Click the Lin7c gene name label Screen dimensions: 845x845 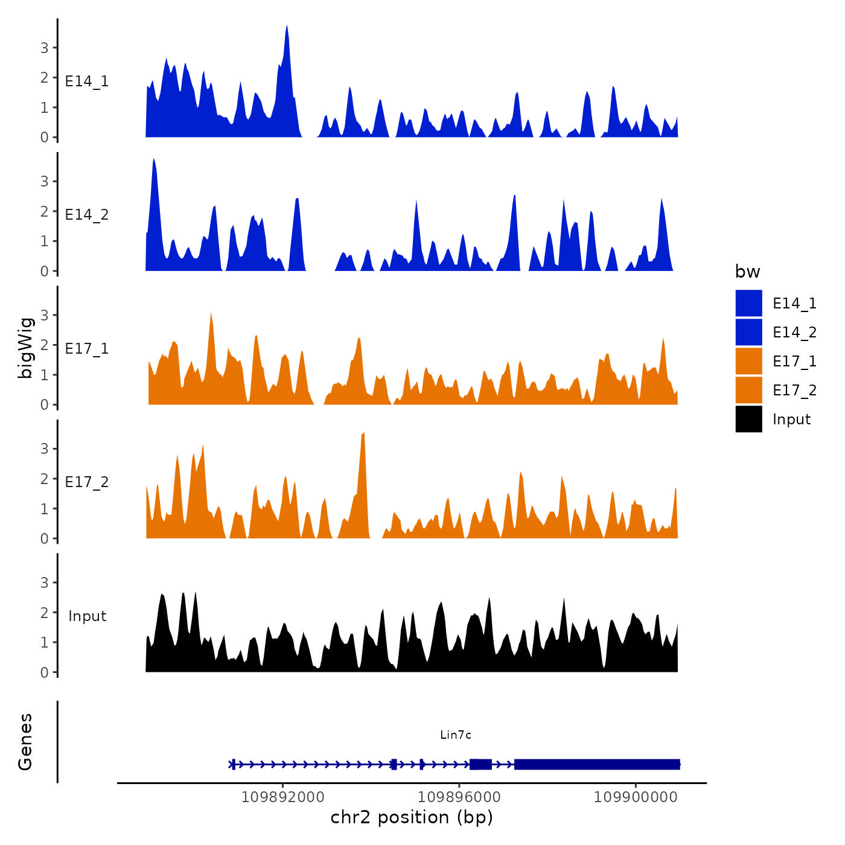[456, 735]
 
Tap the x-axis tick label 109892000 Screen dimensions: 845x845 [282, 797]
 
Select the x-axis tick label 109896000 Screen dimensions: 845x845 [459, 797]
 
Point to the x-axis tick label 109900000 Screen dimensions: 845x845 [636, 797]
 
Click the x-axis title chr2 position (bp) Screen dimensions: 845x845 [412, 817]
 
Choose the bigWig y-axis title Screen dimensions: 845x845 [26, 348]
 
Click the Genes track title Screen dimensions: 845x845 [25, 742]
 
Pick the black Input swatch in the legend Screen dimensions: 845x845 [748, 419]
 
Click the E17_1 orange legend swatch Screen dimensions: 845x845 [748, 361]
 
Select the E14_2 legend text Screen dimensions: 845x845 [794, 333]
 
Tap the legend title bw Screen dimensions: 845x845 [747, 272]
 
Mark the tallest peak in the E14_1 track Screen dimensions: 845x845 [287, 27]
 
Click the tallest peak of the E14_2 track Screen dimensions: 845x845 [154, 160]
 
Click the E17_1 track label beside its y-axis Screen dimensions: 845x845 [87, 348]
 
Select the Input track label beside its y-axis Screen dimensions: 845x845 [87, 616]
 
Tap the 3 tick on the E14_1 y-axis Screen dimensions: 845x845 [44, 48]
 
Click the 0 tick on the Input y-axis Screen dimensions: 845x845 [44, 672]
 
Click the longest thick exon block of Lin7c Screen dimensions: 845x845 [597, 764]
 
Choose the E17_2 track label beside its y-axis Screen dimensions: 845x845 [87, 482]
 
